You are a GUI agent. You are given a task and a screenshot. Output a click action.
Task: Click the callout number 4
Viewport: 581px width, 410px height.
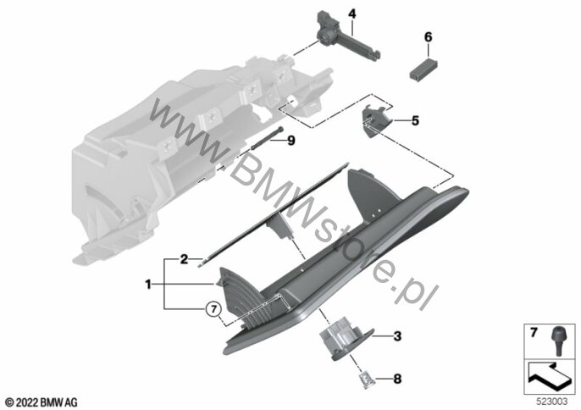pyautogui.click(x=351, y=14)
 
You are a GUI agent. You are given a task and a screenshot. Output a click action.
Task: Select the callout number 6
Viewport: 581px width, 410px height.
pyautogui.click(x=428, y=37)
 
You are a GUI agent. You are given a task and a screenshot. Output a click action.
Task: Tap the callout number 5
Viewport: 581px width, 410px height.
pyautogui.click(x=415, y=120)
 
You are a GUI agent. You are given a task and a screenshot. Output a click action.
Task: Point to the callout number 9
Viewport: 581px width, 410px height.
pyautogui.click(x=291, y=141)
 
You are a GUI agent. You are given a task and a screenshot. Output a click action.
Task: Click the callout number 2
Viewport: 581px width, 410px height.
pyautogui.click(x=184, y=259)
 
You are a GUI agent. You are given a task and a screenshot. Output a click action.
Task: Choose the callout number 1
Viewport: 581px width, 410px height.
pyautogui.click(x=148, y=285)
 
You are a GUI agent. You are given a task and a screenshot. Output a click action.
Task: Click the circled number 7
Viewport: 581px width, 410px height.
pyautogui.click(x=213, y=309)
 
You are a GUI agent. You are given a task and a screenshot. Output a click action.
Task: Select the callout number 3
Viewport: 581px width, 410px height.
pyautogui.click(x=397, y=336)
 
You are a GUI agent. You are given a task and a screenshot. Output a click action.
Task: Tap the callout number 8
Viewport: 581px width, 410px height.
pyautogui.click(x=397, y=379)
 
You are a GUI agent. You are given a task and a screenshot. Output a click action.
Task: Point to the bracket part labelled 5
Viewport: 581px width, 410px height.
pyautogui.click(x=376, y=121)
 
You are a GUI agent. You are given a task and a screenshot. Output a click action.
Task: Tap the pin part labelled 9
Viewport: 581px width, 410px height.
pyautogui.click(x=267, y=138)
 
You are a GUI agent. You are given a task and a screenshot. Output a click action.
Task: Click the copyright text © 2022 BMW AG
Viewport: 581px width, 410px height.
pyautogui.click(x=41, y=402)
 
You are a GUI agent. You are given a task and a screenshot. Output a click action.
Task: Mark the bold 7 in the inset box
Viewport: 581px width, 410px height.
pyautogui.click(x=534, y=333)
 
